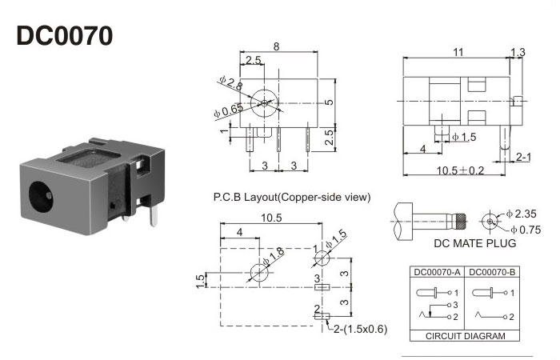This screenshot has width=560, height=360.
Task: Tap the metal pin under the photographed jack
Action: (x=157, y=213)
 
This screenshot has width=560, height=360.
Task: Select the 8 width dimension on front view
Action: (x=277, y=47)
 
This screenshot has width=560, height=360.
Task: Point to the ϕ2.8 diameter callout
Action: (x=230, y=84)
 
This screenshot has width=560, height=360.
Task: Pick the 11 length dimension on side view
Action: (x=458, y=52)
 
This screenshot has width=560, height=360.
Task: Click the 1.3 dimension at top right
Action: (x=518, y=52)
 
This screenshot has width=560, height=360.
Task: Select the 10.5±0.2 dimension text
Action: (x=459, y=170)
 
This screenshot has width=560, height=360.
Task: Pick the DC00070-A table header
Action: (x=437, y=272)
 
